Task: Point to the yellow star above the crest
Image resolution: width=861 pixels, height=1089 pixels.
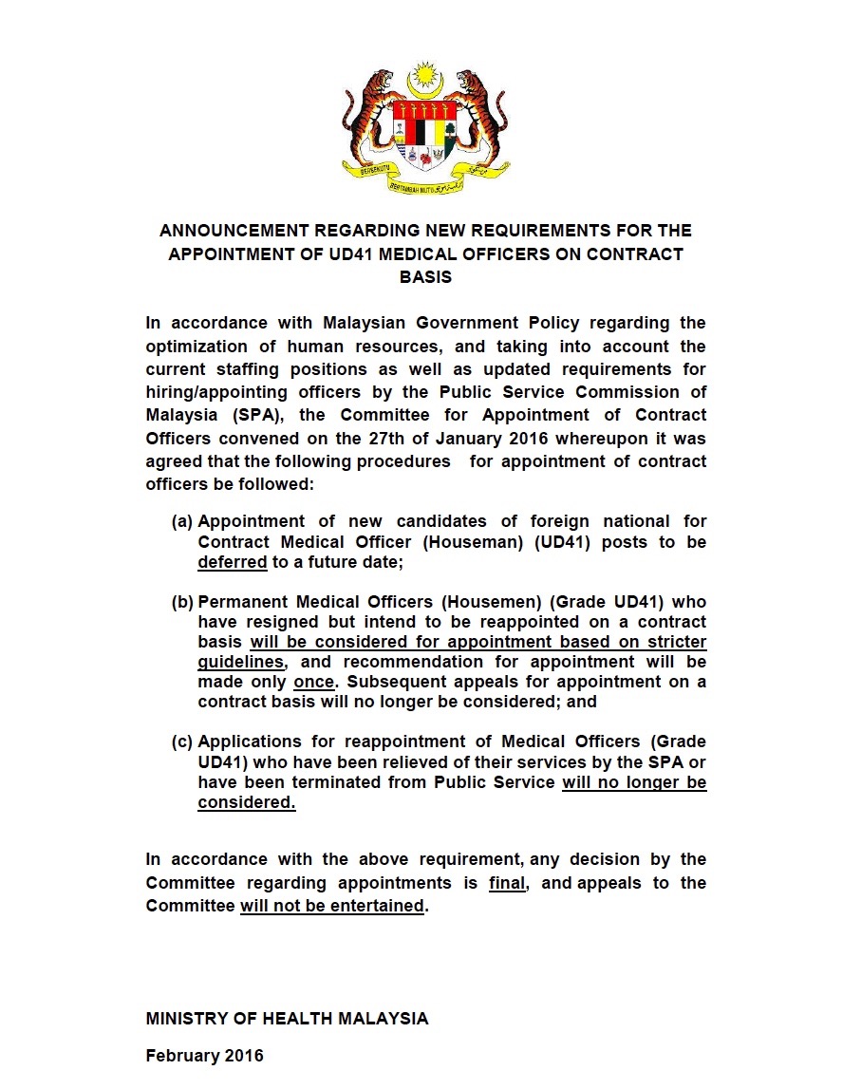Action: click(x=424, y=73)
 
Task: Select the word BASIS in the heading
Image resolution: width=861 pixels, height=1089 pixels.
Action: click(x=425, y=277)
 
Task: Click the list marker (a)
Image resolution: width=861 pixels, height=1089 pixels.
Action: click(x=182, y=521)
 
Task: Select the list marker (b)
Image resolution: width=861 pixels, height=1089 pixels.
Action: click(x=182, y=602)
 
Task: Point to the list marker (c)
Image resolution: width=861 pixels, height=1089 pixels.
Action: click(x=182, y=742)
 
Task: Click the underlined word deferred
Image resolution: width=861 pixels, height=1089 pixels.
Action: click(x=233, y=562)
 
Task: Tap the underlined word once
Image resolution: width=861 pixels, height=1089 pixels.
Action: click(x=313, y=682)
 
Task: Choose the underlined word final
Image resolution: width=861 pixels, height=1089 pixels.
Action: click(x=507, y=883)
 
